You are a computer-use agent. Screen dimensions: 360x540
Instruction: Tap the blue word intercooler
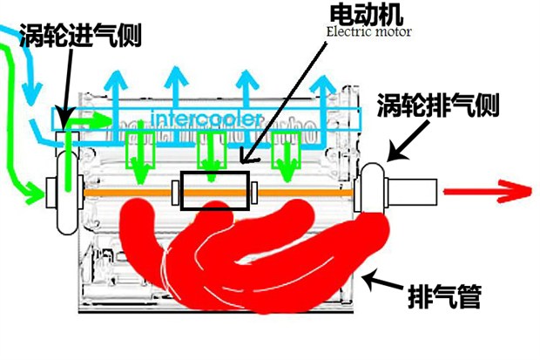(204, 118)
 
